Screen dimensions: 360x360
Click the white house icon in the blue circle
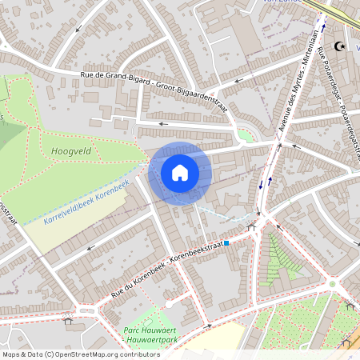point(180,172)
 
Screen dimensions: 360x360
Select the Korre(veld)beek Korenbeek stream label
point(86,201)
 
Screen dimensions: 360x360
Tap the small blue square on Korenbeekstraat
point(226,242)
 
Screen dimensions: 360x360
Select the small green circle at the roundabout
point(332,283)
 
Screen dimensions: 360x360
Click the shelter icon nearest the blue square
point(251,227)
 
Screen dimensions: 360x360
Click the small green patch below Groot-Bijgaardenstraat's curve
point(246,136)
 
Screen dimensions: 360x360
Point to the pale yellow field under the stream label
point(76,220)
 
